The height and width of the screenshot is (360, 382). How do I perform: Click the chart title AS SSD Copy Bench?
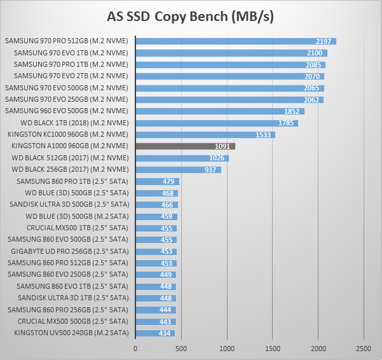[x=191, y=17]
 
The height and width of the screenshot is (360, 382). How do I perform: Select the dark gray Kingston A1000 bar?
[x=185, y=146]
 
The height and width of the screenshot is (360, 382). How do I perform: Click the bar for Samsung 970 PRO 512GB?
[x=235, y=41]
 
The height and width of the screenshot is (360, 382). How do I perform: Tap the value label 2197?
[x=324, y=41]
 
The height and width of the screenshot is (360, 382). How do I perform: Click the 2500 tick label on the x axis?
[x=364, y=349]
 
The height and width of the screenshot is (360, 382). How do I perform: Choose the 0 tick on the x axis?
[x=135, y=349]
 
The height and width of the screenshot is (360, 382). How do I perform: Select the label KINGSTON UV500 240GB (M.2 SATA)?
[x=71, y=333]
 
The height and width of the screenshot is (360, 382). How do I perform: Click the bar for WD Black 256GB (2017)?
[x=178, y=170]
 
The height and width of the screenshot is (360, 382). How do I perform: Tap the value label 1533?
[x=263, y=135]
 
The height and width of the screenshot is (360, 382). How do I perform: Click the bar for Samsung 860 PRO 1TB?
[x=157, y=181]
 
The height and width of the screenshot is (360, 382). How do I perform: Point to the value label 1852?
[x=292, y=111]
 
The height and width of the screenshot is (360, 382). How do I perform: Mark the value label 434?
[x=165, y=333]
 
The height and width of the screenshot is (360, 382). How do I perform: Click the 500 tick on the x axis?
[x=181, y=349]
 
